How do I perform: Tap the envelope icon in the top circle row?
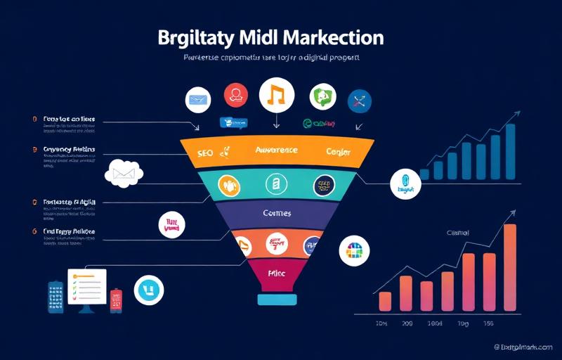click(198, 100)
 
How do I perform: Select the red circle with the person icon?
click(236, 95)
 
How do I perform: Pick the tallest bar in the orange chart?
click(510, 267)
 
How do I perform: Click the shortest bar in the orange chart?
click(384, 301)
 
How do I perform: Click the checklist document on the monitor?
click(86, 286)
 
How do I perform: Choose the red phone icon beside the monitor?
click(117, 300)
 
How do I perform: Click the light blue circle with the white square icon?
click(148, 290)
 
